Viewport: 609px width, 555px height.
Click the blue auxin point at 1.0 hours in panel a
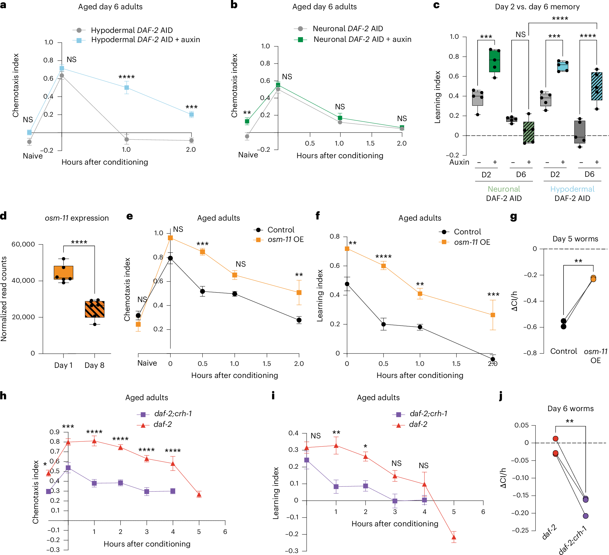127,88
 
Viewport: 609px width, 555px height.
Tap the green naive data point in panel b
247,121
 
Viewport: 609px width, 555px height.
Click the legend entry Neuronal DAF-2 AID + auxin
362,39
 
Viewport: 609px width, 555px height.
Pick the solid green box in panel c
494,61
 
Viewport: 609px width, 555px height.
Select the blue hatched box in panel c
597,86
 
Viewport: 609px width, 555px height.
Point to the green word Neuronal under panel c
504,189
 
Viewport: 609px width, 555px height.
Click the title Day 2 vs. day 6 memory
537,7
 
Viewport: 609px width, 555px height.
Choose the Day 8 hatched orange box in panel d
95,309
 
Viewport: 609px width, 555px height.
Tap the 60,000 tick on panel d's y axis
24,244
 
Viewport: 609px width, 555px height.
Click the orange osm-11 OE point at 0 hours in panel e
170,238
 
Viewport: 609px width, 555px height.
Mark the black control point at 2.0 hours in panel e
299,320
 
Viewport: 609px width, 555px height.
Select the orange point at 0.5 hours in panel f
383,266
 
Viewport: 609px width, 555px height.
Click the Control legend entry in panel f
467,232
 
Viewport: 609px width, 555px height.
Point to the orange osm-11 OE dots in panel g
593,278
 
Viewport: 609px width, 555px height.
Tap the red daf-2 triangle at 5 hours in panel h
199,495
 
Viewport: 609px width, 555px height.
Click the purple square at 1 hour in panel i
336,487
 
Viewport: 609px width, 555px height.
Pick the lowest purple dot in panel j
585,516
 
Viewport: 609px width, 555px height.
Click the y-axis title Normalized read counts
4,299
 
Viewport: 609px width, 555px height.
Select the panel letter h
3,395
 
